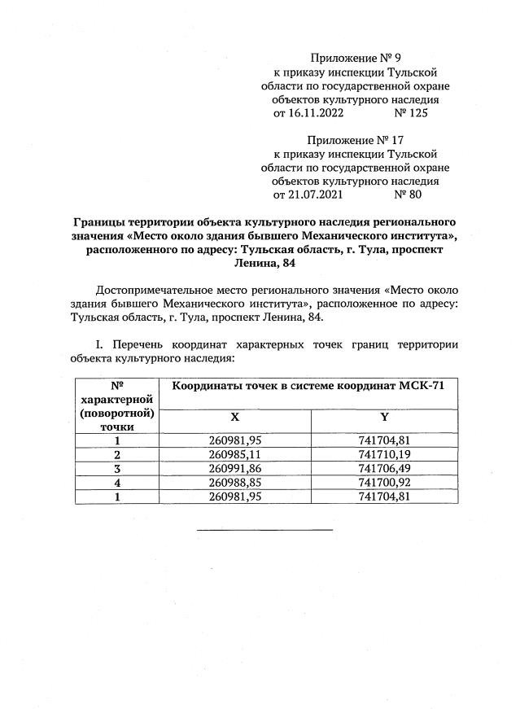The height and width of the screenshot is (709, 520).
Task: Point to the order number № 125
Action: pyautogui.click(x=410, y=113)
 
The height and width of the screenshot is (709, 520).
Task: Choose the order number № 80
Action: pyautogui.click(x=407, y=195)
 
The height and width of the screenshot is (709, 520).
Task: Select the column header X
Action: pyautogui.click(x=234, y=416)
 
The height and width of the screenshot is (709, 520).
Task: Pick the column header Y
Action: pyautogui.click(x=384, y=416)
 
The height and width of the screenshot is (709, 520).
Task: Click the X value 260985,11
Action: pyautogui.click(x=234, y=453)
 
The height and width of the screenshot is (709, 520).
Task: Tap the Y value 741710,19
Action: pyautogui.click(x=384, y=453)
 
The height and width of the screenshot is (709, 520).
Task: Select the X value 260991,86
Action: pyautogui.click(x=234, y=468)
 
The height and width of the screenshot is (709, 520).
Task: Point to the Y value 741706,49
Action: pyautogui.click(x=384, y=468)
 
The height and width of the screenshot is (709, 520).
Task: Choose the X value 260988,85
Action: pyautogui.click(x=234, y=482)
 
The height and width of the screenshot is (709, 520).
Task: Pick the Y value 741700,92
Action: pyautogui.click(x=384, y=482)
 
